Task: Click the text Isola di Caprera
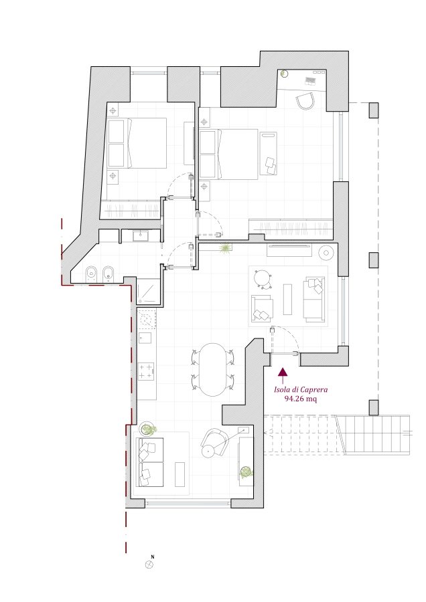(301, 389)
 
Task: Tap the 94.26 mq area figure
(301, 399)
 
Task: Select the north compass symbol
(149, 565)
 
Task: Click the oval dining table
(212, 370)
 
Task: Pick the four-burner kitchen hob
(146, 371)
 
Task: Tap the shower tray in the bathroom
(147, 292)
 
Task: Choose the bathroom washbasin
(141, 235)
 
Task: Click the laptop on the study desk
(309, 81)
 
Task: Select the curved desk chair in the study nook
(306, 101)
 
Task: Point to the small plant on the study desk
(284, 74)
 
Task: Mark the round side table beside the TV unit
(326, 252)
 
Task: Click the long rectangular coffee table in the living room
(287, 299)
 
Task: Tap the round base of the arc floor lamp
(208, 451)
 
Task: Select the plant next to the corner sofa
(148, 429)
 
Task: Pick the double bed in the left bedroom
(137, 143)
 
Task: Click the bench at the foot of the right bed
(269, 154)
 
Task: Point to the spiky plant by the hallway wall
(226, 248)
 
